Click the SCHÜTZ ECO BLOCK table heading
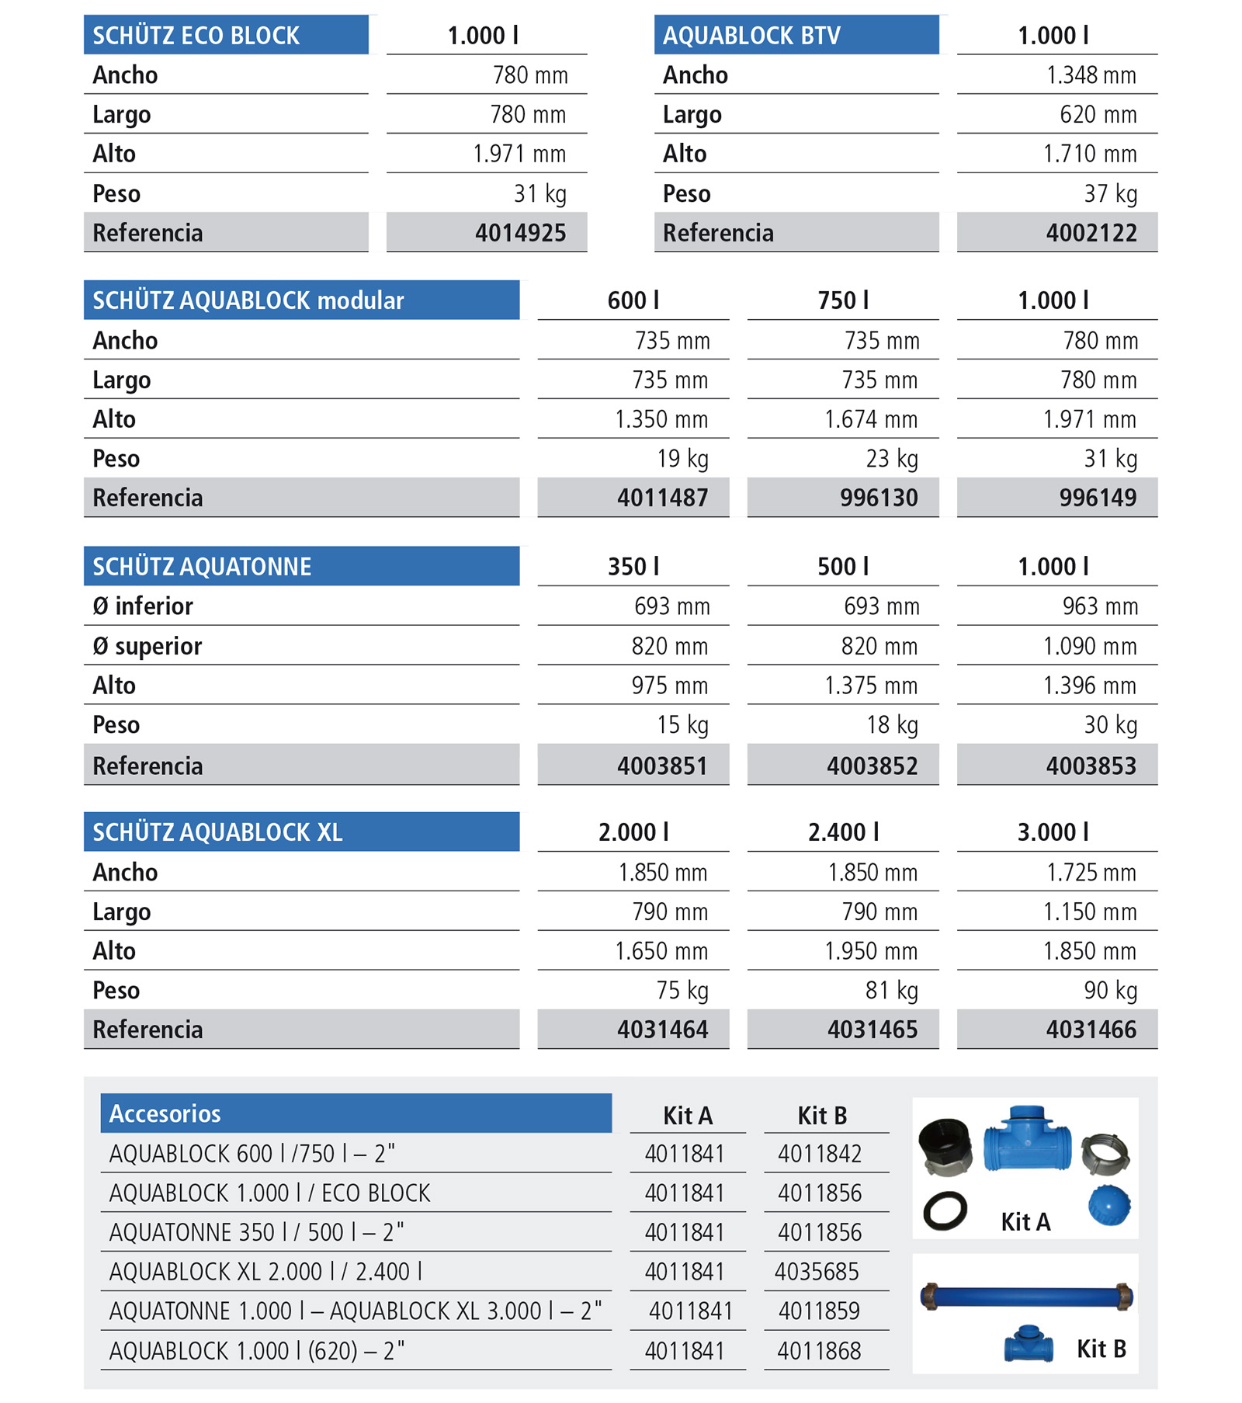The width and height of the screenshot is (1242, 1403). click(196, 36)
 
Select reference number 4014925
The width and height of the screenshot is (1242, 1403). click(520, 233)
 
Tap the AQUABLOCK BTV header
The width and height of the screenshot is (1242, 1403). click(751, 36)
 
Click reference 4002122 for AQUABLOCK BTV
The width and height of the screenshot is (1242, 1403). click(1091, 233)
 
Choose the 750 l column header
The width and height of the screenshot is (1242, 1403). click(843, 300)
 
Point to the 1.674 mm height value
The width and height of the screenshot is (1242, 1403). click(870, 420)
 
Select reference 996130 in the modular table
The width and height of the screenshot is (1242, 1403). click(878, 498)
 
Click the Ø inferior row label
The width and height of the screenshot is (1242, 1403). click(143, 606)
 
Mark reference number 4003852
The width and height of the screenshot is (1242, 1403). click(872, 766)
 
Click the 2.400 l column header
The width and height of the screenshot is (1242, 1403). click(843, 832)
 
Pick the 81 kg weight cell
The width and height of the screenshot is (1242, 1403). click(891, 991)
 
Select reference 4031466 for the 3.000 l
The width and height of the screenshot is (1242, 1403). click(1091, 1030)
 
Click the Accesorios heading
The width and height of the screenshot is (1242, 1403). click(165, 1114)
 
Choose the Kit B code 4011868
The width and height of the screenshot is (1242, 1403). click(819, 1351)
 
